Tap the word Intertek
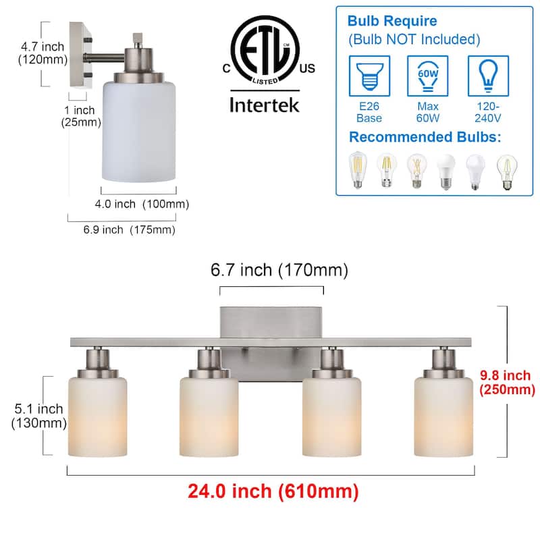point(263,105)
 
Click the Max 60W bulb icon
point(428,76)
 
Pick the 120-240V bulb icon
point(488,76)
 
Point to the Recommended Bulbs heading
point(425,138)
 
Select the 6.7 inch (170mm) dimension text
point(279,270)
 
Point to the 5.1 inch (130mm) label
point(38,416)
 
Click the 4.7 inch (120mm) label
point(42,53)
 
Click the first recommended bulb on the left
point(356,169)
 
